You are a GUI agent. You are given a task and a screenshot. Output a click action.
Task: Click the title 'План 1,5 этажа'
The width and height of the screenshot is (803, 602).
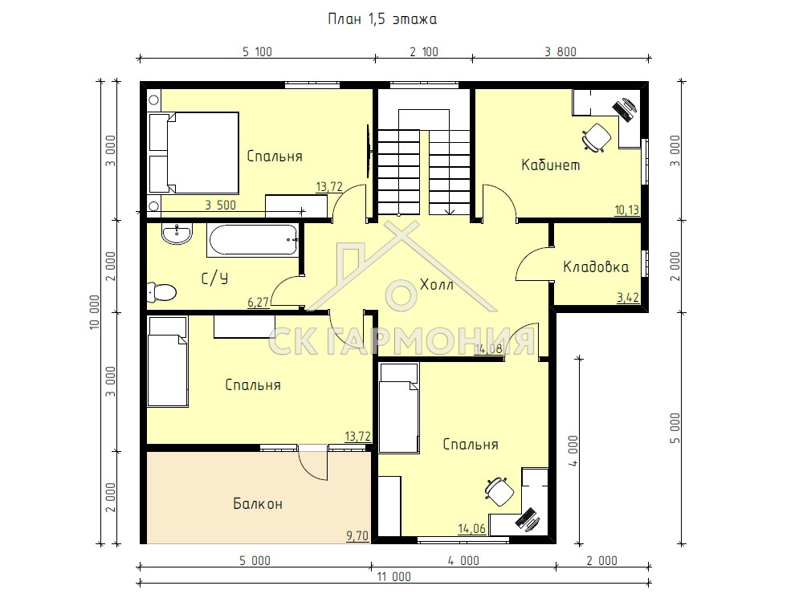click(x=382, y=19)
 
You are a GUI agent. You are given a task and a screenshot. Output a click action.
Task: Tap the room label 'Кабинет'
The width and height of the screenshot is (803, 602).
click(x=551, y=165)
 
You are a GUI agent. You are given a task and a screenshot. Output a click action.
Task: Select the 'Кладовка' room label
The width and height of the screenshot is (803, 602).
click(x=596, y=266)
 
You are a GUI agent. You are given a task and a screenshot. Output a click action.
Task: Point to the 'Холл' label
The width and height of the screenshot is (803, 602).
click(x=436, y=285)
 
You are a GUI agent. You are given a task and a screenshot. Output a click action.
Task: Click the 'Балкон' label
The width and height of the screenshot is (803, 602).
click(x=258, y=504)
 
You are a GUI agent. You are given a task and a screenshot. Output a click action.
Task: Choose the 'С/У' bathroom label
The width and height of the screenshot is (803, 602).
click(x=214, y=279)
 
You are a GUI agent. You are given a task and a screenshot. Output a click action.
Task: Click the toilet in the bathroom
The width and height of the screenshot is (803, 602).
click(x=161, y=292)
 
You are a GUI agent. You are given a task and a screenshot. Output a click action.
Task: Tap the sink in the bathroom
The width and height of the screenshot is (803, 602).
click(x=177, y=234)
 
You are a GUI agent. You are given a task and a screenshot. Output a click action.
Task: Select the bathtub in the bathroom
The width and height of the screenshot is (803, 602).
click(x=253, y=240)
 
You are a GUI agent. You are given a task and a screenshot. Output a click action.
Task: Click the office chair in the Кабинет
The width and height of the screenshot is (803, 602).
click(x=596, y=137)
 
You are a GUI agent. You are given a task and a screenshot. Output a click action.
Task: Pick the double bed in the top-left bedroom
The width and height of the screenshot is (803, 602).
click(x=194, y=153)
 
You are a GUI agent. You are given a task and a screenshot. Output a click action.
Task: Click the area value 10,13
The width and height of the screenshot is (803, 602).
click(x=627, y=209)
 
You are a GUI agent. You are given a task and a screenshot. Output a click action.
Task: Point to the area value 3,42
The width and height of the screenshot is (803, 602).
click(x=629, y=298)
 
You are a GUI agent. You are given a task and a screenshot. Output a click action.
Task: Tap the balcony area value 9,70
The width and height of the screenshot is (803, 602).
click(x=357, y=536)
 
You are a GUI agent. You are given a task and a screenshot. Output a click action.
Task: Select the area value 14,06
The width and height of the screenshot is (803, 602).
click(x=471, y=528)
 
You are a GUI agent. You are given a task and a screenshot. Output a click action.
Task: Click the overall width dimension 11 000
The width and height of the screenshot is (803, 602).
click(x=393, y=577)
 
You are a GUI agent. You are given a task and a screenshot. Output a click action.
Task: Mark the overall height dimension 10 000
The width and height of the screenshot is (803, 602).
click(x=95, y=312)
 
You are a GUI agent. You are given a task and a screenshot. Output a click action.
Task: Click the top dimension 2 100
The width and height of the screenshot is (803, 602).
click(x=424, y=51)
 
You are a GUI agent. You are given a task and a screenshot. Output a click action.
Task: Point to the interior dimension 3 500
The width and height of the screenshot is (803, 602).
click(x=221, y=205)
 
